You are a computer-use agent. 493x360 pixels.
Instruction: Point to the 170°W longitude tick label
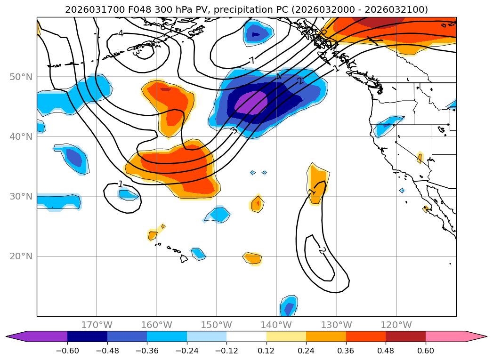(x=97, y=325)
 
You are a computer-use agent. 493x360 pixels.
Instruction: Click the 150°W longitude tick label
(x=217, y=325)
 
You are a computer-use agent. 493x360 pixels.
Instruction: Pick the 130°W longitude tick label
(x=336, y=325)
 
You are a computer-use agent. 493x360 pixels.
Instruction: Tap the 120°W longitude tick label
(x=396, y=325)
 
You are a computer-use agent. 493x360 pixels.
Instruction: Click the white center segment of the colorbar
(x=246, y=336)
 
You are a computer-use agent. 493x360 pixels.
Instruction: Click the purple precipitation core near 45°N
(x=251, y=103)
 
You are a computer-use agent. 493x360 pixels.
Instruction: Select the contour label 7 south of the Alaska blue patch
(x=252, y=60)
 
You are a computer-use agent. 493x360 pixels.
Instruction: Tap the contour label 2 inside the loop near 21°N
(x=323, y=250)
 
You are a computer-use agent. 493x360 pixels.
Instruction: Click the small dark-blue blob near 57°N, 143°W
(x=256, y=34)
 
